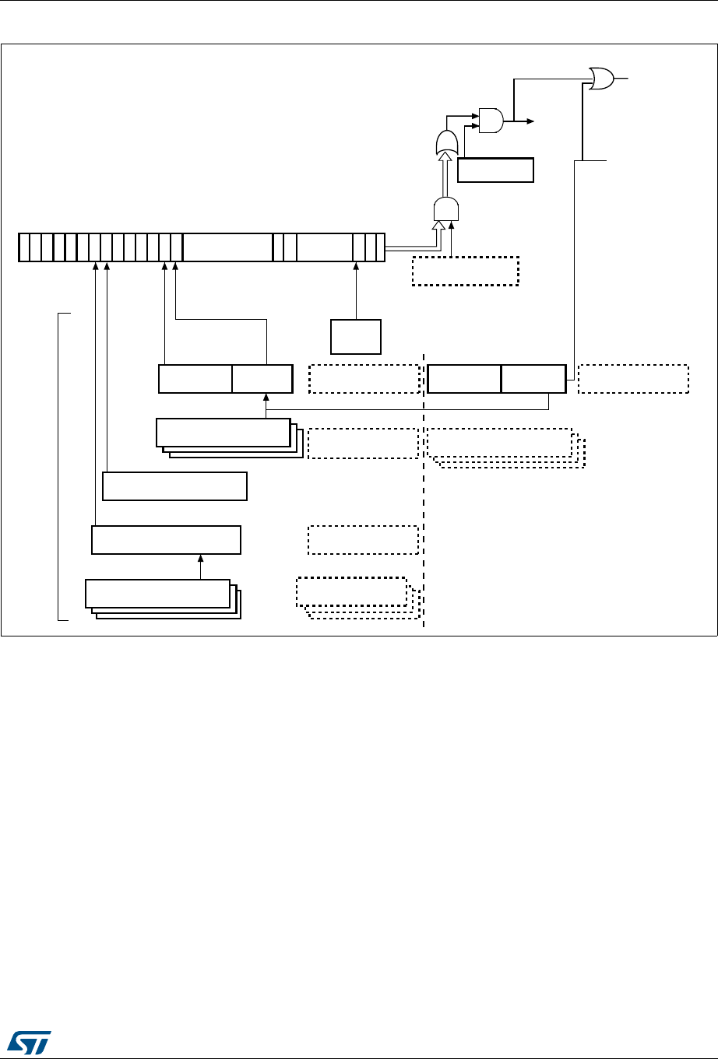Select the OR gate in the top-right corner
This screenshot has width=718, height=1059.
[602, 78]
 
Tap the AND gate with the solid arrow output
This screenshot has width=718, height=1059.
[491, 120]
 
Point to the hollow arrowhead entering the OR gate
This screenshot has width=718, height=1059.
[446, 157]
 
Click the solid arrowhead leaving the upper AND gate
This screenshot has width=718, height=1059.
[530, 121]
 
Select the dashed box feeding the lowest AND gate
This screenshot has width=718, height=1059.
[464, 270]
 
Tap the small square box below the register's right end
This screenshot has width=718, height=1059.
[356, 336]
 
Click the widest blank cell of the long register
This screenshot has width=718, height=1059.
[227, 247]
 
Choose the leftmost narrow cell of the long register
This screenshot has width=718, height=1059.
[24, 247]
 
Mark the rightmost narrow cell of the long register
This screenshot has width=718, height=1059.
[381, 247]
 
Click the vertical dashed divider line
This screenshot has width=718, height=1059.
[424, 498]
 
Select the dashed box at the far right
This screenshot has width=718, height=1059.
[633, 378]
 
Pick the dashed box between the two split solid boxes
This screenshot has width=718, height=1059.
[364, 378]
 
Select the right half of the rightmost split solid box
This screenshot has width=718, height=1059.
[533, 378]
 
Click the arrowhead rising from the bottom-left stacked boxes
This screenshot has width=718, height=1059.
[201, 557]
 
